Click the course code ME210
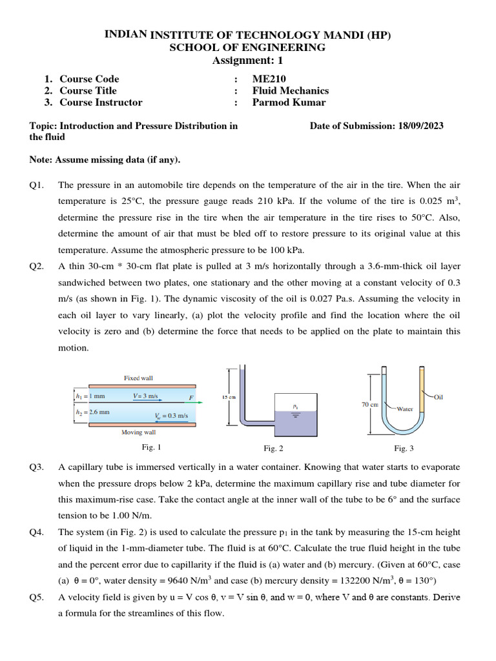click(x=268, y=79)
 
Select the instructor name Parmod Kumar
click(x=289, y=102)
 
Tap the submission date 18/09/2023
click(x=419, y=126)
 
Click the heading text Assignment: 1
click(x=247, y=61)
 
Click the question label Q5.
click(x=36, y=597)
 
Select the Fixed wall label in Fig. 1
click(x=138, y=378)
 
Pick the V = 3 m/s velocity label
click(x=147, y=396)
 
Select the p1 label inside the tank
click(x=295, y=407)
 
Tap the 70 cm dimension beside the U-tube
click(x=369, y=404)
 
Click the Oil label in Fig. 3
click(x=439, y=397)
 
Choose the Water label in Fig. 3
click(x=405, y=408)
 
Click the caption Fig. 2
click(x=270, y=448)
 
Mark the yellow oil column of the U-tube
click(x=423, y=387)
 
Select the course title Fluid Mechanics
click(x=290, y=90)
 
